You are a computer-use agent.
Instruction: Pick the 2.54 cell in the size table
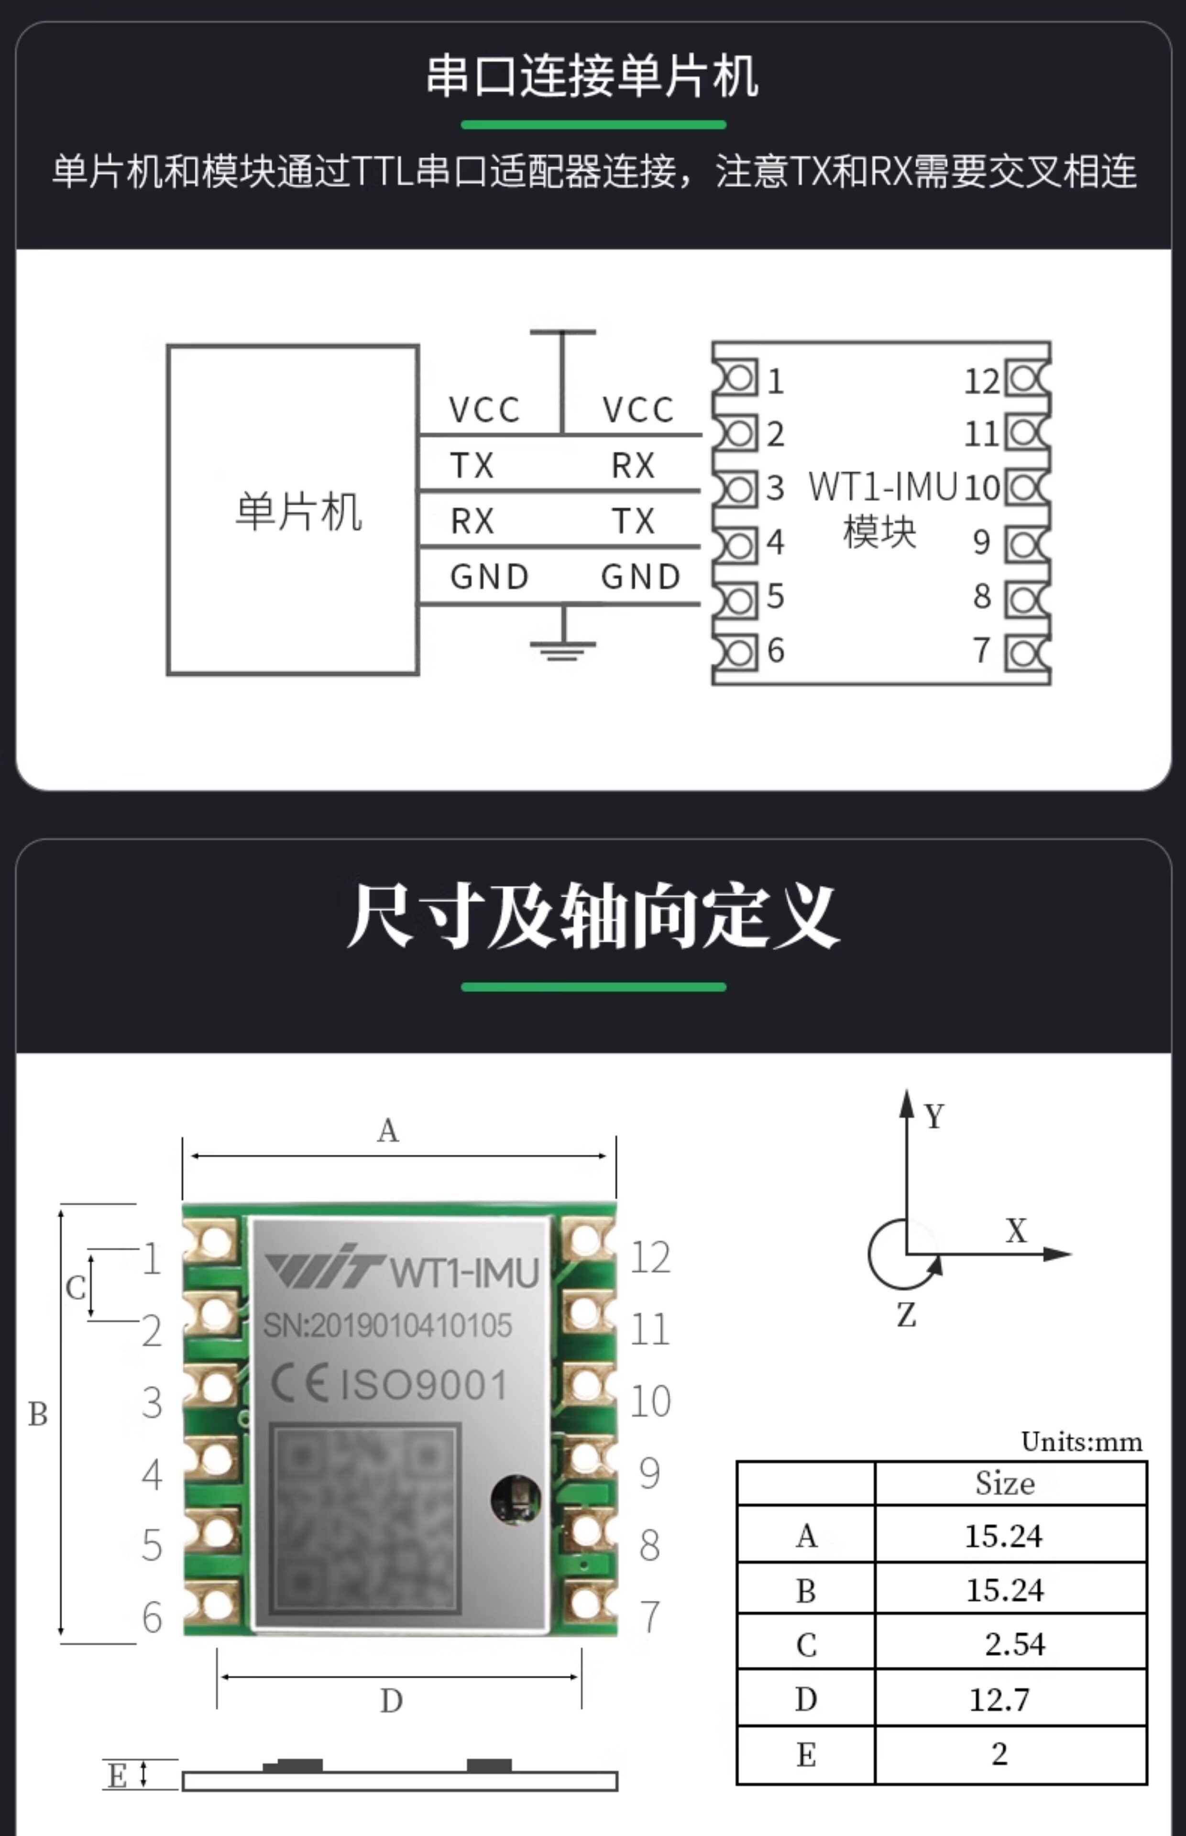pos(1015,1644)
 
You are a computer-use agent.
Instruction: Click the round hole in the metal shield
pos(515,1498)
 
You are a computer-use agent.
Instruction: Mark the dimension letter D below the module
pos(391,1701)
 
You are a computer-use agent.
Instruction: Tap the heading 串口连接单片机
pos(593,76)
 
